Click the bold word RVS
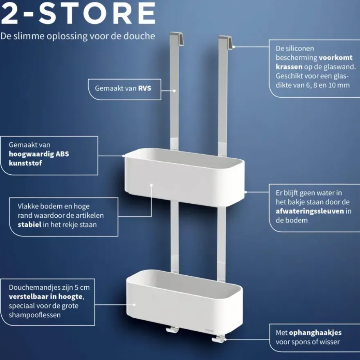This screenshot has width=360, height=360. tap(144, 88)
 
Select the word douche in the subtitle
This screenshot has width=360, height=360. tap(139, 36)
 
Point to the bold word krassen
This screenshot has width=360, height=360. tap(289, 67)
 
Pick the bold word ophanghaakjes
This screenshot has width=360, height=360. tap(315, 333)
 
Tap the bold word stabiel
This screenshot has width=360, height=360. tap(29, 224)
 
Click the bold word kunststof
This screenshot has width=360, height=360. tap(25, 163)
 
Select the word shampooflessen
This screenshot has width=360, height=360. tap(35, 315)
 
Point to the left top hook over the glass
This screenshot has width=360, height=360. tap(176, 38)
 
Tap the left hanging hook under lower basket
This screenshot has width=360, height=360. tap(172, 330)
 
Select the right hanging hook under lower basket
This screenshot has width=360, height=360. tap(219, 339)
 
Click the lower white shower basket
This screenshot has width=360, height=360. tap(184, 301)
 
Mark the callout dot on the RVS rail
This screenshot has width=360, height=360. tap(174, 91)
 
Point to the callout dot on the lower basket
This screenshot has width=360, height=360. tap(134, 305)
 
